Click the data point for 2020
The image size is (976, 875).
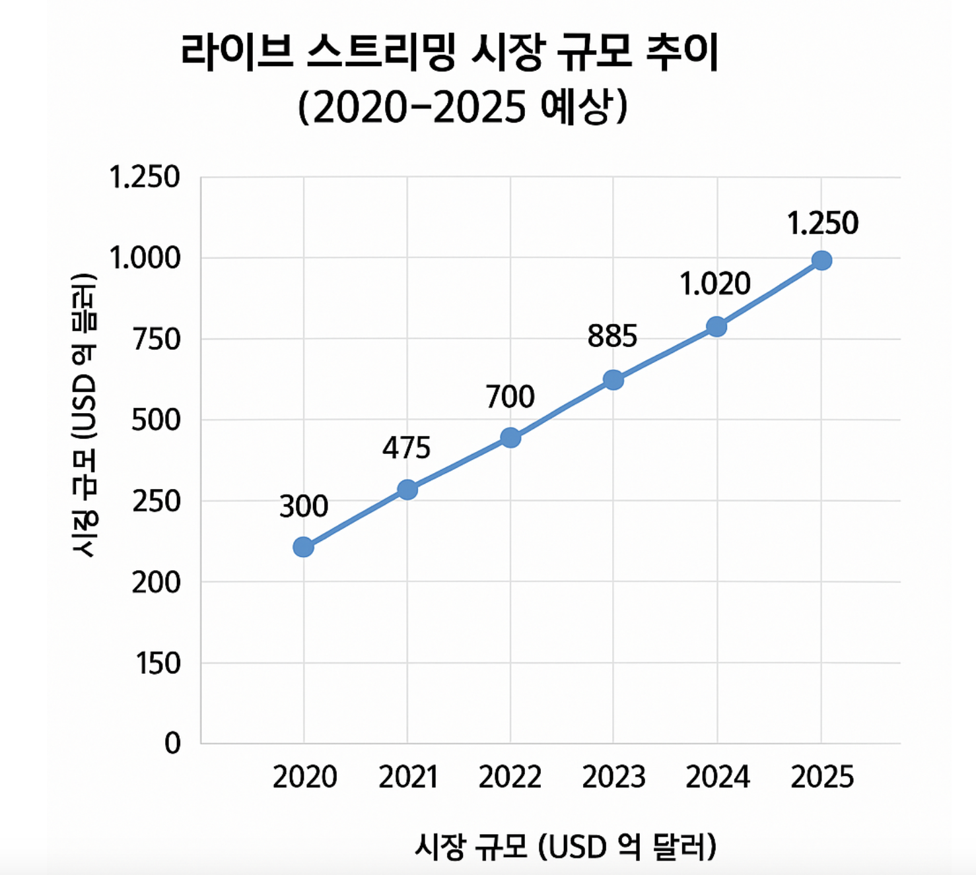tap(303, 546)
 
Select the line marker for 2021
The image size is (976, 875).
tap(407, 490)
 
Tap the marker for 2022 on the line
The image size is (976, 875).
tap(510, 437)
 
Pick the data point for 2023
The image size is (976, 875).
tap(613, 380)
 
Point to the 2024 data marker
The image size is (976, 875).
tap(716, 326)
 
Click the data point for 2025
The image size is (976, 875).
tap(821, 261)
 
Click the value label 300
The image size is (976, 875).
tap(304, 506)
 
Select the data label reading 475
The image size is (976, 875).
tap(406, 449)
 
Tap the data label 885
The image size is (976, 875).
tap(612, 337)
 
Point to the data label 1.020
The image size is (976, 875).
tap(715, 284)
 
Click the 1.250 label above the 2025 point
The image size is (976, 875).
tap(822, 223)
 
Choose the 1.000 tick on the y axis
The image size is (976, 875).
tap(145, 258)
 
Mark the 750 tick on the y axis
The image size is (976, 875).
tap(157, 339)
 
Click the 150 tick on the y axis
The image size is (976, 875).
tap(158, 663)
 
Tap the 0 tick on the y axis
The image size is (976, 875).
tap(172, 744)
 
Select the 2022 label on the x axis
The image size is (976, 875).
tap(510, 777)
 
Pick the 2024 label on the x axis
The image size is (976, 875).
tap(717, 777)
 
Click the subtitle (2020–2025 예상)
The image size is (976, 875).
tap(462, 107)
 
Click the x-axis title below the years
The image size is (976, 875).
tap(565, 847)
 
